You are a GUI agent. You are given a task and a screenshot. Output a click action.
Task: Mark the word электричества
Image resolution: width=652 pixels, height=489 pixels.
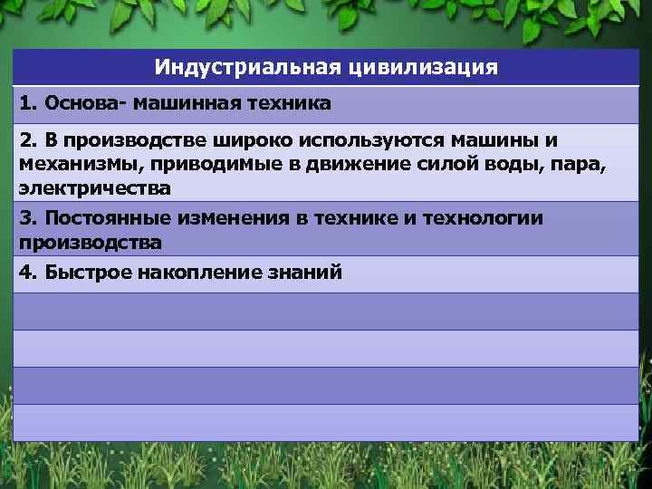(93, 188)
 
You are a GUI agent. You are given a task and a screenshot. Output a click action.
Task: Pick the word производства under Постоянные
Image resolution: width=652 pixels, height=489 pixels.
(90, 243)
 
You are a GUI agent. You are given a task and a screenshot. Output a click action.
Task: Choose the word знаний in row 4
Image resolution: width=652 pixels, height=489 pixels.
(306, 273)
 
